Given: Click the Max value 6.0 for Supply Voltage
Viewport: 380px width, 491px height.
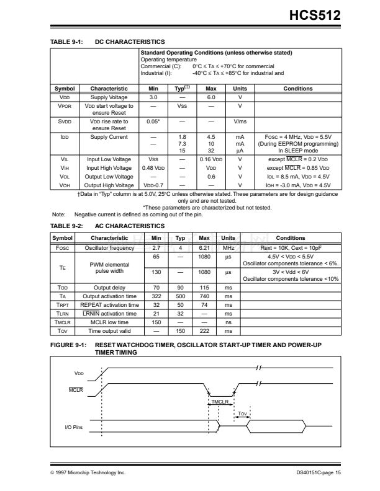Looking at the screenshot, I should click(210, 97).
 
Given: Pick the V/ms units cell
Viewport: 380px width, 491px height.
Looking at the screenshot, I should click(240, 123).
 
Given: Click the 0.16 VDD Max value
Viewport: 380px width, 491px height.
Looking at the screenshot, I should click(210, 159).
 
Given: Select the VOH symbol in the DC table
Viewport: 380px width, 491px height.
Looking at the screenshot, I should click(65, 185).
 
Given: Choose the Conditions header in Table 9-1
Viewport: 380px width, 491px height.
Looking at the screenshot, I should click(298, 89).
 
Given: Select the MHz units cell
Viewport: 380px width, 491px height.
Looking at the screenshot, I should click(228, 248).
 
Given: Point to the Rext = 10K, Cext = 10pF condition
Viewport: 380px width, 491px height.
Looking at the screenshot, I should click(291, 248).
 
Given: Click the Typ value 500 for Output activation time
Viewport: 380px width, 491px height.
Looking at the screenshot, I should click(180, 297).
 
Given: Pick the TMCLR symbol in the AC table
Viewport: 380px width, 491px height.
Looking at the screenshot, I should click(62, 323).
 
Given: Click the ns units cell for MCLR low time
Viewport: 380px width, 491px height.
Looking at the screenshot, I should click(228, 323).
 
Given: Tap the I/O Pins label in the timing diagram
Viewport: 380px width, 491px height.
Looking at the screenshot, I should click(74, 428).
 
